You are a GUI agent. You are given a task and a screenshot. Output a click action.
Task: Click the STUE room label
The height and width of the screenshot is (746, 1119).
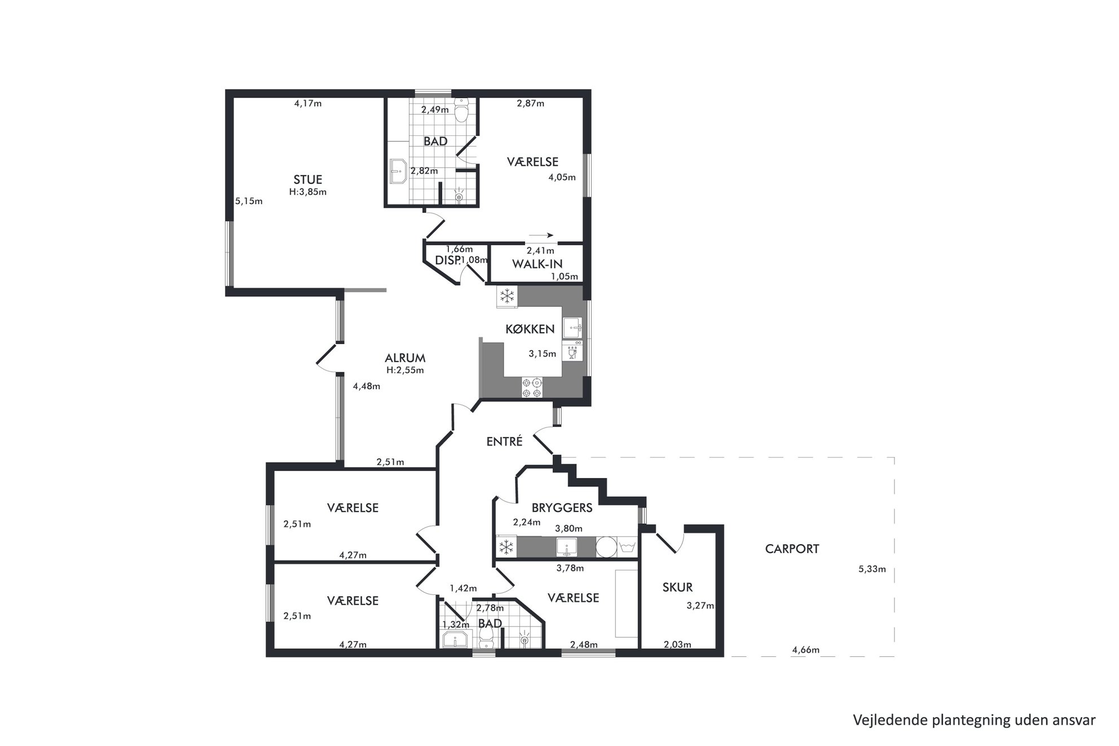pos(308,180)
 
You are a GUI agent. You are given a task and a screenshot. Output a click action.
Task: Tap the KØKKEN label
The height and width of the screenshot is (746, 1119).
pos(530,329)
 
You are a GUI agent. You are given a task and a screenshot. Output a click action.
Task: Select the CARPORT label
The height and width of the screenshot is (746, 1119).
pos(792,549)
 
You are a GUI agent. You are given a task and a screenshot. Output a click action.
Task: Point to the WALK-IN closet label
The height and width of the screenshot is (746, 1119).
pos(537,263)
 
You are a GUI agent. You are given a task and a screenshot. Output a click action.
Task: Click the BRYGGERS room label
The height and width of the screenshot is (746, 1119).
pos(562,507)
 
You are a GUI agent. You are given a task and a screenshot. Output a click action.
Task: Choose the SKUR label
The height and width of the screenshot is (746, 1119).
pos(677,588)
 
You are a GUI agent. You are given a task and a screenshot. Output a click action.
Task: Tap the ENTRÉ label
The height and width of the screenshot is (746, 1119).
pos(504,442)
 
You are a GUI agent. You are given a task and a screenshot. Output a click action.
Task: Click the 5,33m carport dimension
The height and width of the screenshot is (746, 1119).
pos(872,569)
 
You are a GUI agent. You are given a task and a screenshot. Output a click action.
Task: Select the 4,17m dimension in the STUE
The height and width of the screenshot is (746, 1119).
pos(308,103)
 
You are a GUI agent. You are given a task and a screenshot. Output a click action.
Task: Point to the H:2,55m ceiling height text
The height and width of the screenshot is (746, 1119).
pos(405,370)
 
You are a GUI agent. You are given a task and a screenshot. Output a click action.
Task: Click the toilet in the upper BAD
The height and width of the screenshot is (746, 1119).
pos(462,111)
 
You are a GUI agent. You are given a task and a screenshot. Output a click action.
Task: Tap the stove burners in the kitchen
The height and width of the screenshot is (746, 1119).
pos(532,387)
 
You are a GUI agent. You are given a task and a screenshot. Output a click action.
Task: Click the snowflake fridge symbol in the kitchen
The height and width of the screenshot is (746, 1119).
pos(507,297)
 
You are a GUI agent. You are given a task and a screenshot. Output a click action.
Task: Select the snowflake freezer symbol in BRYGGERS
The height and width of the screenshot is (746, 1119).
pos(506,547)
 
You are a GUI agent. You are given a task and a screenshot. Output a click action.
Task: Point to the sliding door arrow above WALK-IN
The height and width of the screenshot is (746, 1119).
pos(541,236)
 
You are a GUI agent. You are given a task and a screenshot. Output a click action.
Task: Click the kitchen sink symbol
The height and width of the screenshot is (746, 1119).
pos(572,328)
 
